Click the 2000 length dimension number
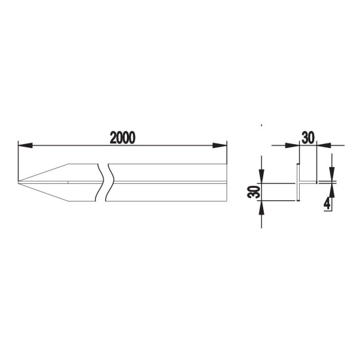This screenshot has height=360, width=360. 122,137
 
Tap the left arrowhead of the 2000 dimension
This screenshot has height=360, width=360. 25,145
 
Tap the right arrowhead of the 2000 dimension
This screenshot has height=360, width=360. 220,145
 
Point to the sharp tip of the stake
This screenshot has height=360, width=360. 18,183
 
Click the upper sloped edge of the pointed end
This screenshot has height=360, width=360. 43,173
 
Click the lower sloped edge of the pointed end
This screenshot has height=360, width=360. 43,192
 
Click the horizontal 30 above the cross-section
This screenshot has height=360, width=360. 308,137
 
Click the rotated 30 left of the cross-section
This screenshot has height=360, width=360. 254,192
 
